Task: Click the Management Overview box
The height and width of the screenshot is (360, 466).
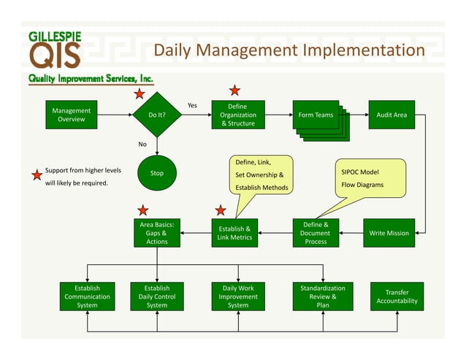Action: (72, 115)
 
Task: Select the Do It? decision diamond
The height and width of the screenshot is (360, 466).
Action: (157, 115)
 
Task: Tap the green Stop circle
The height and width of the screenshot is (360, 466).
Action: (157, 173)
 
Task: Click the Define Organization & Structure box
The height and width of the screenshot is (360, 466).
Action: (237, 115)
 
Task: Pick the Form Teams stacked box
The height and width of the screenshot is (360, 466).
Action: (316, 115)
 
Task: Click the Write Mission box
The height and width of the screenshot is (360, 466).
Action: (389, 233)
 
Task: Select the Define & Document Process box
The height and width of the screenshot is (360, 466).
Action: (316, 233)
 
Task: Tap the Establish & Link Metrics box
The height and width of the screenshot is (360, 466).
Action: (234, 233)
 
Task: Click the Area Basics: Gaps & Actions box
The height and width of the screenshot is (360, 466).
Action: (157, 233)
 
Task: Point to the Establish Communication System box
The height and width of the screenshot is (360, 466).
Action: (87, 296)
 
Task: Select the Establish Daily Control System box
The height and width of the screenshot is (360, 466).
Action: (157, 296)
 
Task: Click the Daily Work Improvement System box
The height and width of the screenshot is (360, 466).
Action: (238, 296)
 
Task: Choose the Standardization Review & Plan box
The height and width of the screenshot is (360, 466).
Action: (322, 296)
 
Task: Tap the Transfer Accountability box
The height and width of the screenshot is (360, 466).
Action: (397, 296)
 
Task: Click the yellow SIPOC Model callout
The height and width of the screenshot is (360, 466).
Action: (370, 177)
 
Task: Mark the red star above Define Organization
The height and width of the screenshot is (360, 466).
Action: (234, 91)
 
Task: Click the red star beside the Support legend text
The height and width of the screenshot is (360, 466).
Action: (37, 175)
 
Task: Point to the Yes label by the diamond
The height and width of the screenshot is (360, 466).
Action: (192, 106)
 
